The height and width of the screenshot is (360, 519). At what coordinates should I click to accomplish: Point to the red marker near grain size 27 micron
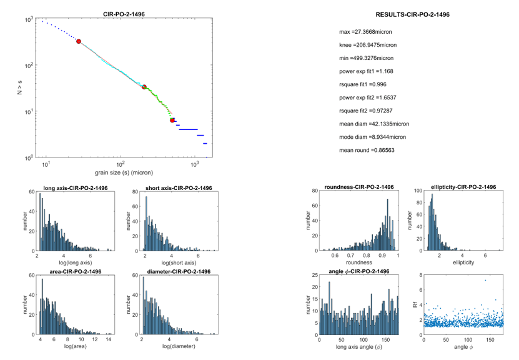[79, 41]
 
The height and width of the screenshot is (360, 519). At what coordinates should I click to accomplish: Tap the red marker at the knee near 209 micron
[144, 87]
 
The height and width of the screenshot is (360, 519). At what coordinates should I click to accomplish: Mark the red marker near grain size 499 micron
[172, 120]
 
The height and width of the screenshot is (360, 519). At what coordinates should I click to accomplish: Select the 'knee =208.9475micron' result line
[368, 45]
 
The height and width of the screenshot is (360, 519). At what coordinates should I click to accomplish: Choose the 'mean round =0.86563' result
[367, 150]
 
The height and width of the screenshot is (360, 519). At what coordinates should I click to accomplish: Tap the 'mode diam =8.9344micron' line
[372, 137]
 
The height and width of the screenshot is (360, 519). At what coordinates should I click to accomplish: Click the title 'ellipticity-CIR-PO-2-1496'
[459, 187]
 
